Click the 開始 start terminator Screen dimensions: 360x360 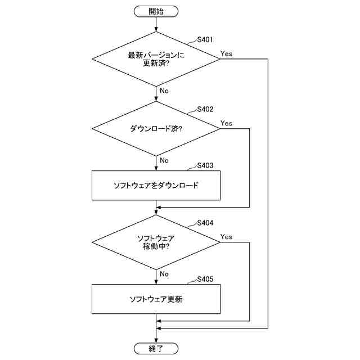click(156, 11)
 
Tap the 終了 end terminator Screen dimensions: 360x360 click(156, 349)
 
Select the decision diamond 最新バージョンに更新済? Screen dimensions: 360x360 click(156, 59)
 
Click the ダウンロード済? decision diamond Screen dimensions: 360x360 click(156, 129)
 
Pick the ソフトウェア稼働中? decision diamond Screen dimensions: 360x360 click(156, 242)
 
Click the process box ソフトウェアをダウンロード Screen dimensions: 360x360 click(156, 185)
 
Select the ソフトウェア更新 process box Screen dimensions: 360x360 click(156, 299)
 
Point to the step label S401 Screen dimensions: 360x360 click(205, 40)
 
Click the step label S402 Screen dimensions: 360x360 click(205, 109)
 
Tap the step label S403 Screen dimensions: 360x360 click(205, 166)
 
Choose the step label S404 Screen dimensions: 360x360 click(205, 223)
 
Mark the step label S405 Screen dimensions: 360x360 click(205, 280)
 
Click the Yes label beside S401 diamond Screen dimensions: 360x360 click(227, 54)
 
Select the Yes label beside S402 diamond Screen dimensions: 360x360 click(227, 123)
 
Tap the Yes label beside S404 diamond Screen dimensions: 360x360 click(227, 237)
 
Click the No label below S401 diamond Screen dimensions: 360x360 click(164, 91)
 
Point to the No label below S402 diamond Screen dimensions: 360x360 click(164, 160)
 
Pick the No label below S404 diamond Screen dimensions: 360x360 click(164, 274)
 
